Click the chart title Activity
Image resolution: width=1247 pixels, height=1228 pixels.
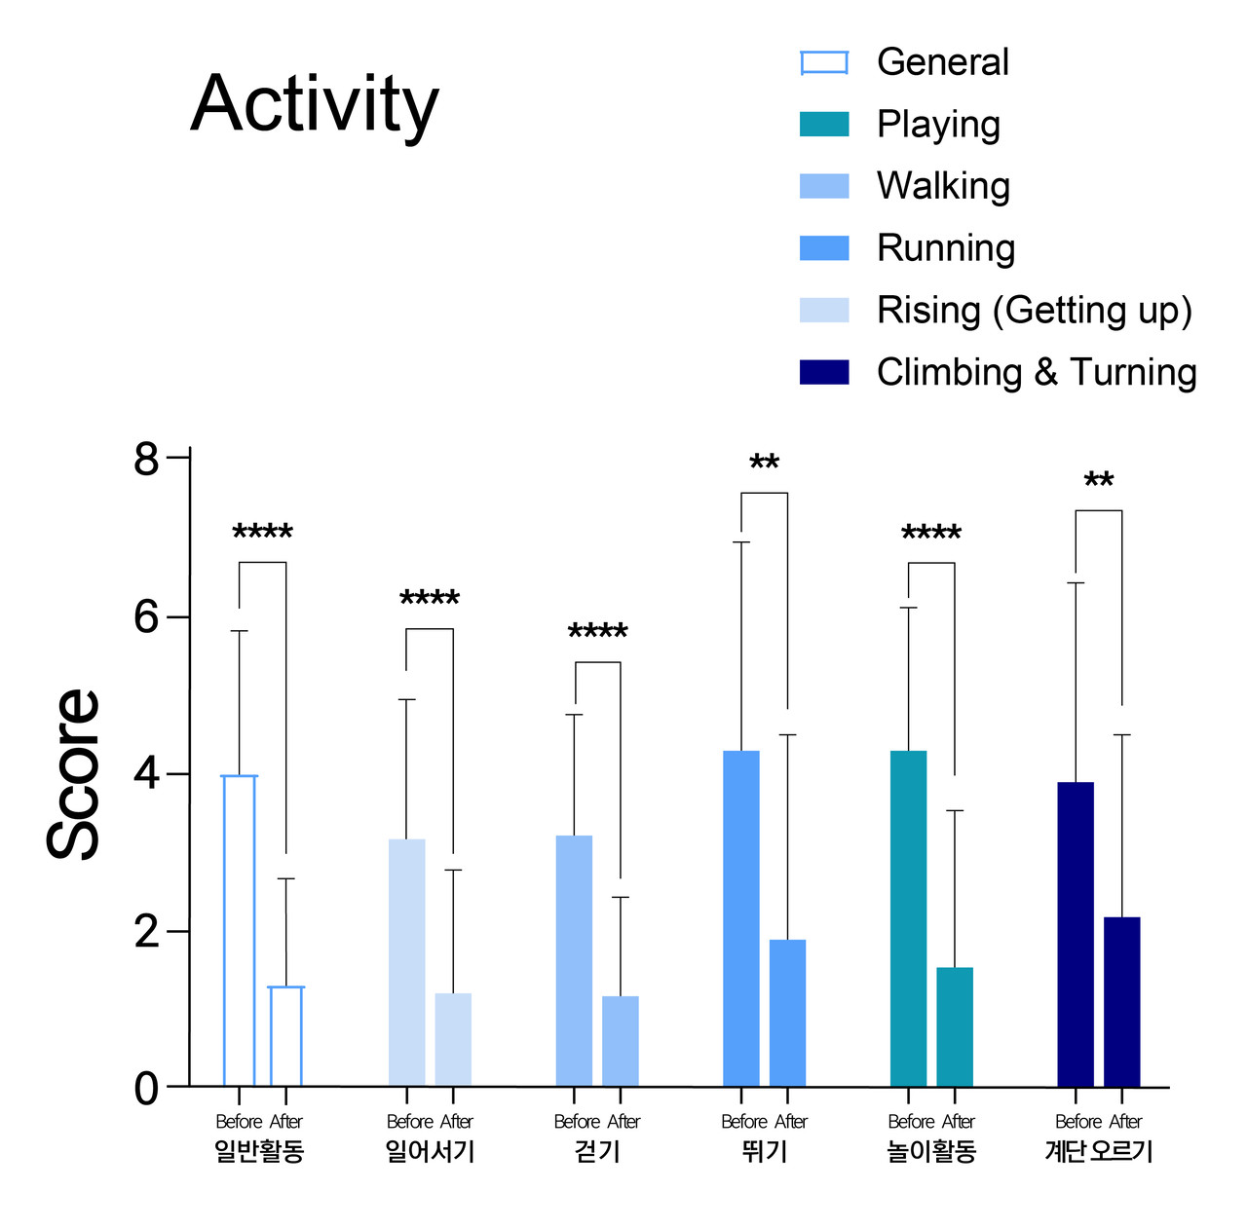click(315, 105)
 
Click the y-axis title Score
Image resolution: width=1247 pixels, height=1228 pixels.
click(74, 774)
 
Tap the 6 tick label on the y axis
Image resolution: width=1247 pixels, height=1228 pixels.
click(147, 617)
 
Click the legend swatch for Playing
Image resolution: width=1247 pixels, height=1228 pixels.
click(824, 125)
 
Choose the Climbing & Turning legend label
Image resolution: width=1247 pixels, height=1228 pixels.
click(1037, 372)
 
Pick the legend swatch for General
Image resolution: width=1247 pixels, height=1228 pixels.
click(824, 63)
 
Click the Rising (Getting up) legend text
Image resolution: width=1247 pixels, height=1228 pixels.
click(1034, 311)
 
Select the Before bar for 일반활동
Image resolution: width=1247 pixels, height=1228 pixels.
click(240, 930)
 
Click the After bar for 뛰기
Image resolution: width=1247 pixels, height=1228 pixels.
click(787, 1013)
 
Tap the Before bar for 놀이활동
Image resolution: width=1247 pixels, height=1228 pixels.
click(908, 918)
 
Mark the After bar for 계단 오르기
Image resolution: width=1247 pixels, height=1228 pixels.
click(1121, 1001)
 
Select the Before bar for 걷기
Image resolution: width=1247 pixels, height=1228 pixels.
click(574, 960)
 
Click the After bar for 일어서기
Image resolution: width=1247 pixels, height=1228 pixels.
click(453, 1039)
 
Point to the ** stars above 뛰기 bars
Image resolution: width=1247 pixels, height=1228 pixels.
click(764, 464)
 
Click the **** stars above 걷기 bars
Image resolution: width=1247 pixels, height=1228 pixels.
click(597, 633)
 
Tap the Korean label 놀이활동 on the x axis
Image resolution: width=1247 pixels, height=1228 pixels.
click(931, 1152)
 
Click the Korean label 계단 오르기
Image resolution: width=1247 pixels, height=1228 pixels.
click(1098, 1152)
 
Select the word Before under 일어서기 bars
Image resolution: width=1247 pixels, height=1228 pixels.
click(409, 1122)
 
